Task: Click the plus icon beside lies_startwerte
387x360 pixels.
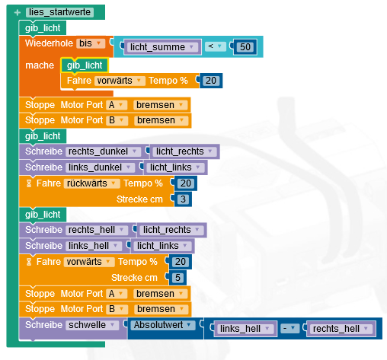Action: tap(18, 12)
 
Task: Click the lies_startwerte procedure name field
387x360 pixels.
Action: tap(59, 12)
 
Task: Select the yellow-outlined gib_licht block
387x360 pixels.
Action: tap(85, 65)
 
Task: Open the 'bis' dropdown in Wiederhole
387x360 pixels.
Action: tap(91, 43)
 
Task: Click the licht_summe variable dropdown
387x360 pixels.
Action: tap(162, 47)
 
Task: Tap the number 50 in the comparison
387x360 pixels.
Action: tap(245, 47)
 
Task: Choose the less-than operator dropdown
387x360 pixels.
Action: tap(215, 46)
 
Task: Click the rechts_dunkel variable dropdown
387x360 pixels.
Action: tap(103, 151)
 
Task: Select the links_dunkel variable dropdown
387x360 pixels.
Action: tap(100, 167)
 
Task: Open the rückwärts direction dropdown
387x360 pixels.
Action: tap(91, 183)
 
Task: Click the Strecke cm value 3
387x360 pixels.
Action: tap(183, 199)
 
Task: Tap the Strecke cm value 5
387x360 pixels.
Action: tap(178, 278)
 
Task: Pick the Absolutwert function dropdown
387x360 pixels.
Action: tap(163, 325)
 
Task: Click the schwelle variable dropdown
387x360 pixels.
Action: tap(92, 325)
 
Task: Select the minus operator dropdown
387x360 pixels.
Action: tap(289, 328)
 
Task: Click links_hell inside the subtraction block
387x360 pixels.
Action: tap(245, 329)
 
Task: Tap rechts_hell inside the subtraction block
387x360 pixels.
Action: tap(341, 329)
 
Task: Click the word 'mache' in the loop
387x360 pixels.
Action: tap(40, 65)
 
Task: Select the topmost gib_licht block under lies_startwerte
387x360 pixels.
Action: tap(43, 28)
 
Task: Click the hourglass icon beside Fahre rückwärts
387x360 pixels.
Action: tap(29, 183)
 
